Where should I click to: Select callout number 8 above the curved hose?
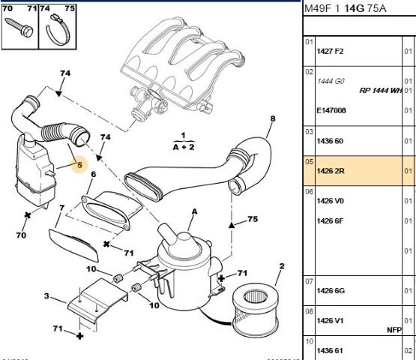(273, 118)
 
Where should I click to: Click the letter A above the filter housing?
(195, 212)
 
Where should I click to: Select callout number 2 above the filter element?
(282, 266)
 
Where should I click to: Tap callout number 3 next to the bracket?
(46, 298)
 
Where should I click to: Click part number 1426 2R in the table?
(331, 170)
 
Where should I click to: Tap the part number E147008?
(332, 110)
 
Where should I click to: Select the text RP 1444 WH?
(387, 90)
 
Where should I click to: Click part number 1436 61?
(330, 350)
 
